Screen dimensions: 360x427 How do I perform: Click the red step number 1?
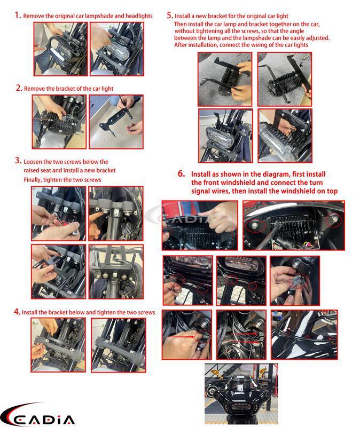click(18, 15)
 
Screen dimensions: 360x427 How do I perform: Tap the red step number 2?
click(19, 88)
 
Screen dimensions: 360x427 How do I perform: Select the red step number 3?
click(18, 161)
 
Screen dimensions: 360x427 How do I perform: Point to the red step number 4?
click(17, 312)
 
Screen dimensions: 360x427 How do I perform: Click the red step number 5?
click(170, 15)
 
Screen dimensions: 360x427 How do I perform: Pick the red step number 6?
click(182, 173)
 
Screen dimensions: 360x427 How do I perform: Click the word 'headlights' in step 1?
click(139, 16)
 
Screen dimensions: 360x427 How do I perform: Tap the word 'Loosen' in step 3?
click(33, 162)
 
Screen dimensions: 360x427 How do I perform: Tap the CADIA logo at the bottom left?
click(37, 415)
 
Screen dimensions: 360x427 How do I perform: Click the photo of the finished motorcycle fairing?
click(241, 395)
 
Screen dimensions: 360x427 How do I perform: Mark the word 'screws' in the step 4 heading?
click(146, 313)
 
